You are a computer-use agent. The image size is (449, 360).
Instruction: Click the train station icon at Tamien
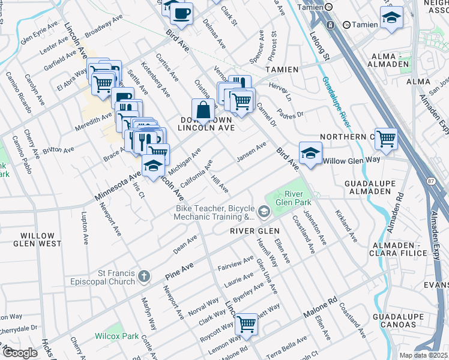point(330,25)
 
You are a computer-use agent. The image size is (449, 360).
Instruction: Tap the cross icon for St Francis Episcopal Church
point(143,276)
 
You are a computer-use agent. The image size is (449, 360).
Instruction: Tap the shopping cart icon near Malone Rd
point(247,323)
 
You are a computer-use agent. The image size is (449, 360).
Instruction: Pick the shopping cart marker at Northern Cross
point(385,139)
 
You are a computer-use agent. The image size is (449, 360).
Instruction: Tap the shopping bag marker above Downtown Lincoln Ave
point(203,110)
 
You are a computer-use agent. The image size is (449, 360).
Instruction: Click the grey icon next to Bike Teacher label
point(264,212)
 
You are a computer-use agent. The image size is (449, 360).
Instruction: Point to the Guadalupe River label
point(336,101)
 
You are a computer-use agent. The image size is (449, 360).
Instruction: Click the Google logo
point(20,353)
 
